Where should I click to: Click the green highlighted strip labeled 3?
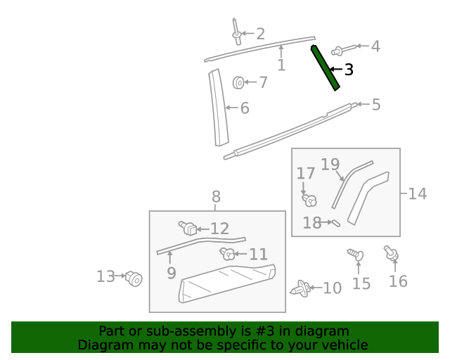pos(326,67)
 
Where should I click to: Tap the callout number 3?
pos(349,70)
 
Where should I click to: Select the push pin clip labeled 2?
pos(236,32)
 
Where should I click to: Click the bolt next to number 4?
pos(339,49)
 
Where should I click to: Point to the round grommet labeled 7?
pos(239,83)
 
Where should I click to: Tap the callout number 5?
pos(376,105)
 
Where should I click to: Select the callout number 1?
pos(281,65)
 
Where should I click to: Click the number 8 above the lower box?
pos(216,197)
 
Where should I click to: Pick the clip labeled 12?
pos(187,228)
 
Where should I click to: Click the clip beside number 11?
pos(228,253)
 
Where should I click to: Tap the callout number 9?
pos(172,273)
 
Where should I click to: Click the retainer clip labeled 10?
pos(301,288)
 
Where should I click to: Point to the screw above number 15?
pos(355,254)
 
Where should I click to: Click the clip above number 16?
pos(390,252)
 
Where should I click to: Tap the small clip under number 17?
pos(308,200)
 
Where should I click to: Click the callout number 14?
pos(418,193)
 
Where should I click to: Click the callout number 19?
pos(330,165)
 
